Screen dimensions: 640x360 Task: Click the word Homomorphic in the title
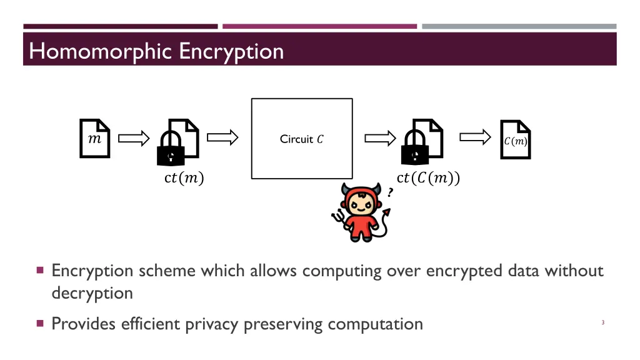(100, 52)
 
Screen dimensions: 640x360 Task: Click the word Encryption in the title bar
(231, 52)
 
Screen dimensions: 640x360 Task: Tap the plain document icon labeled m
(95, 138)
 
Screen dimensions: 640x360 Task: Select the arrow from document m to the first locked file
(134, 138)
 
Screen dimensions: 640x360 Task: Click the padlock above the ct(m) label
(171, 148)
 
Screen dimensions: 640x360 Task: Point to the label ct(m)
(184, 177)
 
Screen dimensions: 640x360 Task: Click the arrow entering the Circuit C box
(222, 137)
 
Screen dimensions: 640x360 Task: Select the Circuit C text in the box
(302, 139)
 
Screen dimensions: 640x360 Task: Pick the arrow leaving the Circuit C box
(380, 138)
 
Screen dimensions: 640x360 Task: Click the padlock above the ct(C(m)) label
(415, 148)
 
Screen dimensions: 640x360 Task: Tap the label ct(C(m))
(428, 177)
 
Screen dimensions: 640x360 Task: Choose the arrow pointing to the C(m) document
(475, 137)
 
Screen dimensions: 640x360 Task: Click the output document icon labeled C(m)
(516, 139)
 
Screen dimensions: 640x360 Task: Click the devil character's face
(361, 204)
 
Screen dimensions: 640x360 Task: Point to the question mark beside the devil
(390, 192)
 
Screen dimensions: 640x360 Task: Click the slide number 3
(603, 322)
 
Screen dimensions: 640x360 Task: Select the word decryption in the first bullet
(92, 293)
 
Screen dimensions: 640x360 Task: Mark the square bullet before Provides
(40, 324)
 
